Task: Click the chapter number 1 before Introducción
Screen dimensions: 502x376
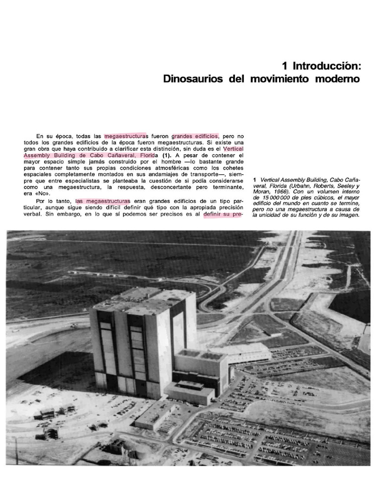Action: (285, 66)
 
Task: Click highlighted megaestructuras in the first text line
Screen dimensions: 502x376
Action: (126, 136)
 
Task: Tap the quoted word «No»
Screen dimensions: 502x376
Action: (31, 193)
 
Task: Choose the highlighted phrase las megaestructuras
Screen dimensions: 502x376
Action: (103, 201)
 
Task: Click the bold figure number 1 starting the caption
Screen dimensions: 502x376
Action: (255, 180)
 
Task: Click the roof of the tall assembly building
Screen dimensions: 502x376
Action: (142, 300)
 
